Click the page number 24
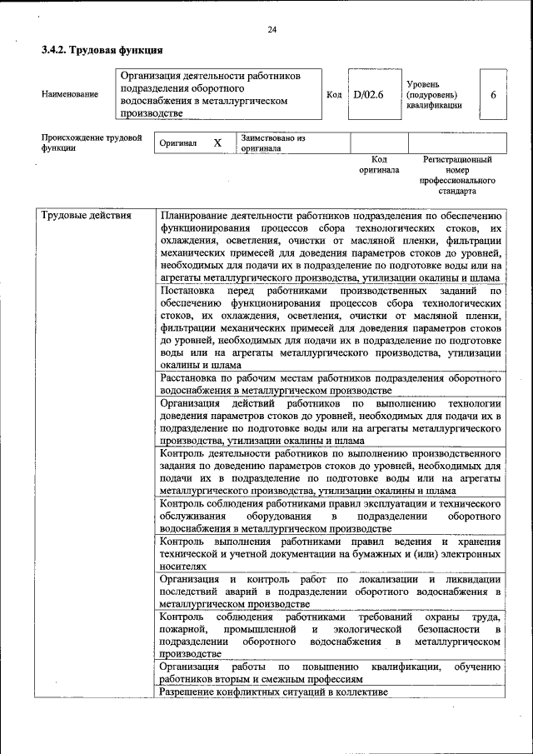click(x=271, y=31)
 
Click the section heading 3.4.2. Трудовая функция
click(x=102, y=51)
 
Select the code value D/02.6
click(x=368, y=95)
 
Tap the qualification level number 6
click(x=493, y=95)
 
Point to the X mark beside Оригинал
click(x=217, y=143)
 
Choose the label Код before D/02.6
click(x=334, y=95)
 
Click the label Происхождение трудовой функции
click(x=92, y=142)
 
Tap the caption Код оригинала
click(x=379, y=164)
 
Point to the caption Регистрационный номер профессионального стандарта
click(x=457, y=174)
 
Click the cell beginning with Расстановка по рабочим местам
click(x=330, y=383)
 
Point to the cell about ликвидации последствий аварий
click(x=330, y=591)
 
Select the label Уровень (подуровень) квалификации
click(x=431, y=95)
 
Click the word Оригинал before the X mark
click(x=178, y=143)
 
